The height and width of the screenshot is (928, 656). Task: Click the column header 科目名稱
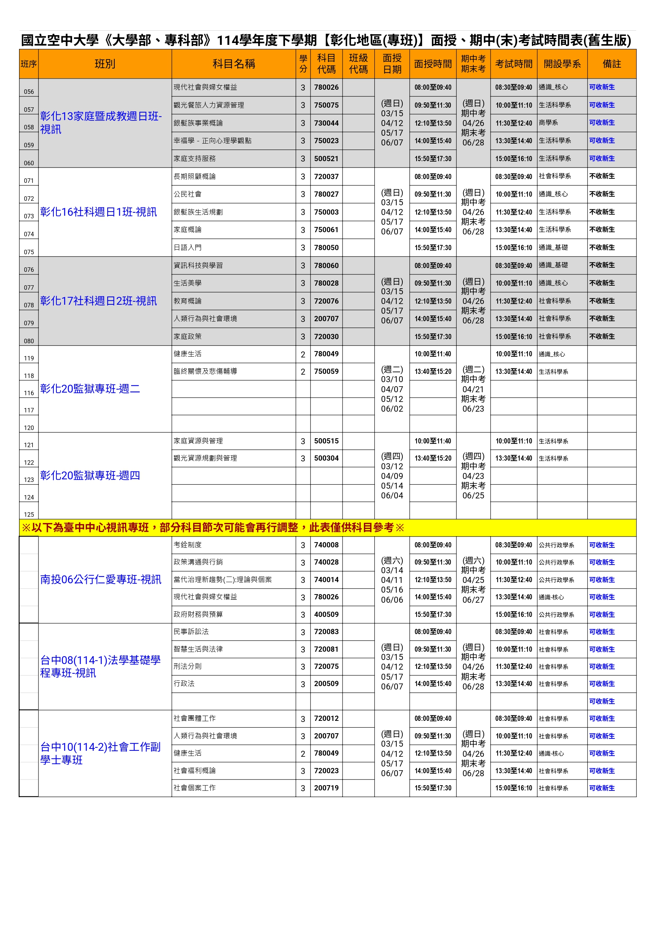[x=233, y=64]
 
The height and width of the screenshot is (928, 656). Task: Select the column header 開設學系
[x=562, y=64]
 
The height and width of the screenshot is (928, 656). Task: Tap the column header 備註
[x=612, y=64]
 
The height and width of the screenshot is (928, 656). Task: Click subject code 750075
[x=327, y=105]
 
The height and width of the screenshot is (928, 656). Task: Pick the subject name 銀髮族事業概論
[x=198, y=123]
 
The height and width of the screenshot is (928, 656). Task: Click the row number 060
[x=29, y=163]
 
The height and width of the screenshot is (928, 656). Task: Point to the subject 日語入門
[x=188, y=248]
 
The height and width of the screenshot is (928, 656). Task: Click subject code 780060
[x=327, y=265]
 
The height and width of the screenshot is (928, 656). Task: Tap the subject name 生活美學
[x=188, y=283]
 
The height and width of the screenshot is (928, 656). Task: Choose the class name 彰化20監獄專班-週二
[x=90, y=389]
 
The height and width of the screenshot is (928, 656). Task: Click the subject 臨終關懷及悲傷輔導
[x=205, y=371]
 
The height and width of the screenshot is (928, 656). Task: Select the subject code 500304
[x=327, y=458]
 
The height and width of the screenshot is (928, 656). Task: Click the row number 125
[x=29, y=514]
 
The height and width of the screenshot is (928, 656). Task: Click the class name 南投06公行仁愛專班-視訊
[x=100, y=580]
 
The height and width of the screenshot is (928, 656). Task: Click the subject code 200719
[x=327, y=788]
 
